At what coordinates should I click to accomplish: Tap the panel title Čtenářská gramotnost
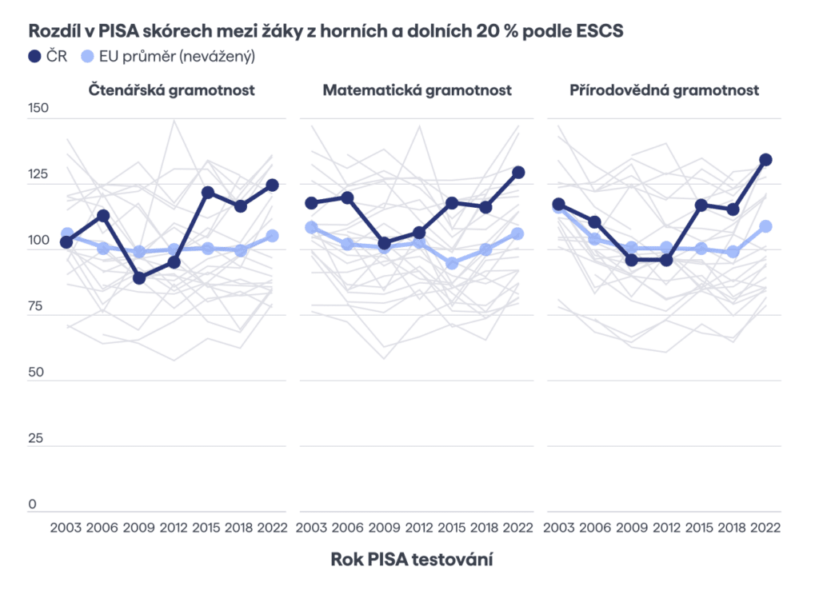click(171, 90)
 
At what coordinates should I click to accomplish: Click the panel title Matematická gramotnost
click(417, 90)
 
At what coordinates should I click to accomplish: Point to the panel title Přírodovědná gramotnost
click(664, 90)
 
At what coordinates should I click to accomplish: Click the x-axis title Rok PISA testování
click(411, 559)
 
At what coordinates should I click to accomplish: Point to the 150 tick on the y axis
click(38, 109)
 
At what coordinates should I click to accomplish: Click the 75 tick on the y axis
click(38, 306)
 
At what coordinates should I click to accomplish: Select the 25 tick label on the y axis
click(38, 439)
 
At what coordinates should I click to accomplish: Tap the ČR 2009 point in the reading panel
click(139, 278)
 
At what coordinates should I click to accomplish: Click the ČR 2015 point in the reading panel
click(208, 193)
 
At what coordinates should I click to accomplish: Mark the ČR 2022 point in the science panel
click(765, 160)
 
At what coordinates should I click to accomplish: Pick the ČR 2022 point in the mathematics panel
click(517, 172)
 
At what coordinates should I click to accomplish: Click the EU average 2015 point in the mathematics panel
click(453, 263)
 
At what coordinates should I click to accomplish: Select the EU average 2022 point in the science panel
click(765, 226)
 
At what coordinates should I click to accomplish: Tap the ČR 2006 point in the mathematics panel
click(347, 197)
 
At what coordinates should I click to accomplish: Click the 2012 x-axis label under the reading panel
click(174, 528)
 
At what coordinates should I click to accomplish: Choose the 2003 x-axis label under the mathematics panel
click(312, 528)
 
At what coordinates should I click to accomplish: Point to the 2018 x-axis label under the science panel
click(731, 528)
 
